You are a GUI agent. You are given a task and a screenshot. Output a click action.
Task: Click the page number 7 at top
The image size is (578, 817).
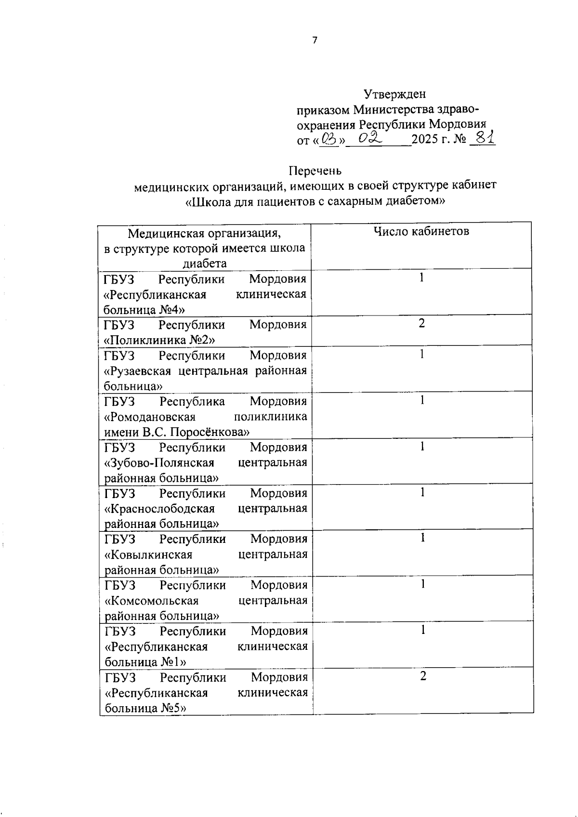[x=315, y=40]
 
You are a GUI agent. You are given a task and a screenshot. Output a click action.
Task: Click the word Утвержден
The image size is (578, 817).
[x=394, y=93]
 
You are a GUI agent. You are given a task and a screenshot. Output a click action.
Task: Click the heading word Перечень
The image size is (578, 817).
[x=315, y=171]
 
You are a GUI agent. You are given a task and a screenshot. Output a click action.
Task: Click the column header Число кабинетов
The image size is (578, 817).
[x=421, y=231]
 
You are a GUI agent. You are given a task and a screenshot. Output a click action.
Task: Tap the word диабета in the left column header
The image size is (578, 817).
[x=204, y=264]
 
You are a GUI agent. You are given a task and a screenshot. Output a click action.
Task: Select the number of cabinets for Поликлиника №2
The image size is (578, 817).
[x=421, y=323]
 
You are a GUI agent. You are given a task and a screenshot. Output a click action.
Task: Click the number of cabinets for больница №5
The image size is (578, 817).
[x=423, y=676]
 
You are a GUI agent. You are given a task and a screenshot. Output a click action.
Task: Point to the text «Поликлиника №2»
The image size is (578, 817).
[x=159, y=340]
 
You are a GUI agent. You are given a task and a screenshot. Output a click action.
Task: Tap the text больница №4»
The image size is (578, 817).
[x=144, y=309]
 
